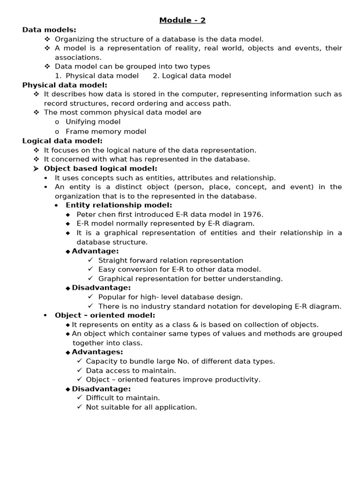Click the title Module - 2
click(182, 20)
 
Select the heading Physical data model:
click(65, 85)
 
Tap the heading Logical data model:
click(62, 141)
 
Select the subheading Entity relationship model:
click(119, 205)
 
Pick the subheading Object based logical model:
click(100, 168)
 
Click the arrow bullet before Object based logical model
click(36, 169)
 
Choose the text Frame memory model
click(105, 132)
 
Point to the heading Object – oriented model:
click(105, 315)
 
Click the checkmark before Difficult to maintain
click(80, 397)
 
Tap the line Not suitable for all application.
click(141, 407)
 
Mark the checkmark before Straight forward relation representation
click(91, 260)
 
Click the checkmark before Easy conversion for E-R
click(91, 269)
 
